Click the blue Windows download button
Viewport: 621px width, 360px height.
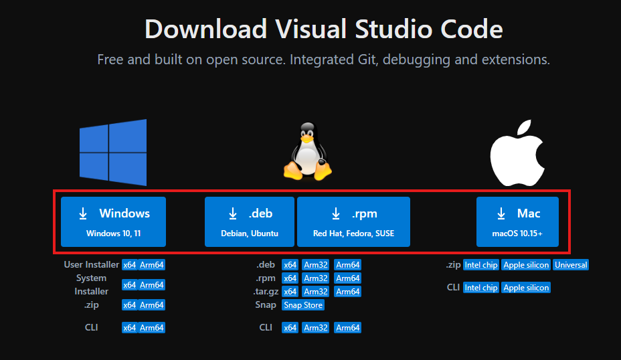pos(113,221)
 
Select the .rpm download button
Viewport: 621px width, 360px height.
pos(354,221)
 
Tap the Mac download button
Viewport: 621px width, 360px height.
pos(517,221)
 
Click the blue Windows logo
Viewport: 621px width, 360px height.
pos(113,153)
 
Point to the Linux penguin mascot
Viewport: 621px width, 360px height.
pos(308,152)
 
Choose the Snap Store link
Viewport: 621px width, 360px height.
pos(303,305)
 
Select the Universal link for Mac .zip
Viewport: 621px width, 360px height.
pos(571,265)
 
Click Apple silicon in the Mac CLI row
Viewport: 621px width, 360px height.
pos(526,288)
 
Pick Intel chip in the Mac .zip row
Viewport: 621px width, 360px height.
pos(480,265)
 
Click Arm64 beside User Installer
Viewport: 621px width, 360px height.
pos(152,265)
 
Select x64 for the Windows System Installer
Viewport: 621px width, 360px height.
pos(130,285)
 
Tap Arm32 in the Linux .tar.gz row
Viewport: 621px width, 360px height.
pos(316,292)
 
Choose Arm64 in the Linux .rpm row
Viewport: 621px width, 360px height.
pos(348,278)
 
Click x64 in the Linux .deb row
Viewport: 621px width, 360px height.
pos(290,265)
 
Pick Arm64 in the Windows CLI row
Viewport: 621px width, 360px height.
pos(152,328)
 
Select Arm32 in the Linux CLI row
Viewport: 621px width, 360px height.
pos(316,328)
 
